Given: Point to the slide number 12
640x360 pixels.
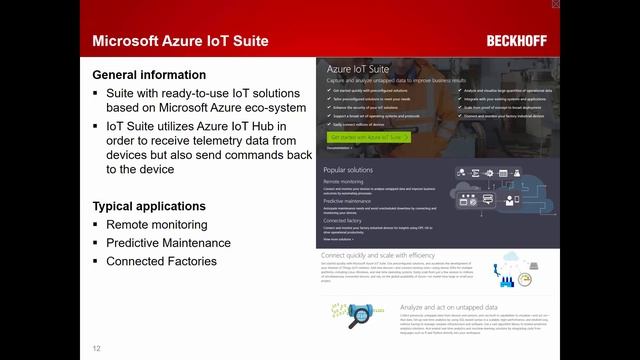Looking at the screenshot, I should (97, 348).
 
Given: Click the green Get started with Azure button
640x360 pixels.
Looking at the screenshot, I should (369, 137).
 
